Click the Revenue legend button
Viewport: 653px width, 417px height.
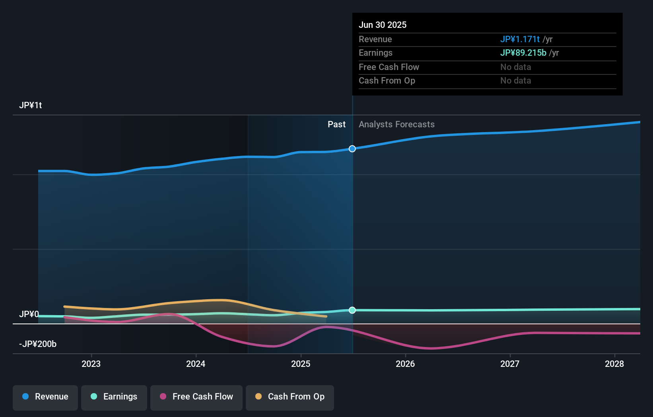click(x=45, y=397)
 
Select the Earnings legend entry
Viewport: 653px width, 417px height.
click(x=114, y=397)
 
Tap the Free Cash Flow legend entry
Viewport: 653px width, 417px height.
click(x=196, y=397)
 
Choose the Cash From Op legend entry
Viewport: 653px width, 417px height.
click(x=290, y=397)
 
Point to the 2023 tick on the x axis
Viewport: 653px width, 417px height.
click(x=91, y=364)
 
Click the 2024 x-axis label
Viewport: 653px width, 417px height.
click(x=196, y=364)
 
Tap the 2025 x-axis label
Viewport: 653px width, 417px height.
click(x=301, y=364)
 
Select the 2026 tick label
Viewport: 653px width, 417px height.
click(x=405, y=364)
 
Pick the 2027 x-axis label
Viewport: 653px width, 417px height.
click(x=510, y=364)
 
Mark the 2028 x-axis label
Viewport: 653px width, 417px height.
click(x=614, y=364)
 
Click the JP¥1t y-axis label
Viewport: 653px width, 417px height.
click(x=31, y=105)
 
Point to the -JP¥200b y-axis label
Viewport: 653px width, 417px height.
click(x=38, y=344)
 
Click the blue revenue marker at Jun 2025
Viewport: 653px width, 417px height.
click(x=352, y=149)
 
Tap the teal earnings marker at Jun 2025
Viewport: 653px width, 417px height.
click(x=352, y=310)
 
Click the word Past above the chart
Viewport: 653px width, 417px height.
click(x=336, y=125)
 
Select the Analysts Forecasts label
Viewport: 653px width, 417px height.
click(x=396, y=125)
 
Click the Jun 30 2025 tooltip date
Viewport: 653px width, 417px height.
click(x=383, y=25)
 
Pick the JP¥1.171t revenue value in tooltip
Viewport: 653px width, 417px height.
click(x=520, y=39)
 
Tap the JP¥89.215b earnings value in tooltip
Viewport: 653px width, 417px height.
click(x=523, y=53)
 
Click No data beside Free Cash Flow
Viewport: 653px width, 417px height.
click(x=515, y=67)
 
